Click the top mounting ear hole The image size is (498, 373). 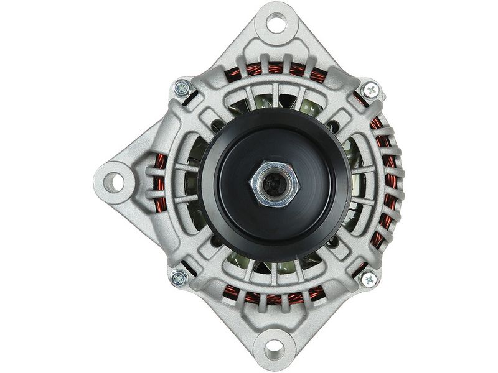(x=276, y=23)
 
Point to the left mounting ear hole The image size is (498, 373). (x=113, y=182)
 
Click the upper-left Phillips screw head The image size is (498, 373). (x=182, y=88)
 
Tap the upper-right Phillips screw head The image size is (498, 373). (x=370, y=90)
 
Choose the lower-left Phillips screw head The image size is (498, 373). (x=179, y=277)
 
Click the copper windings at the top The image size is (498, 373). (x=274, y=68)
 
